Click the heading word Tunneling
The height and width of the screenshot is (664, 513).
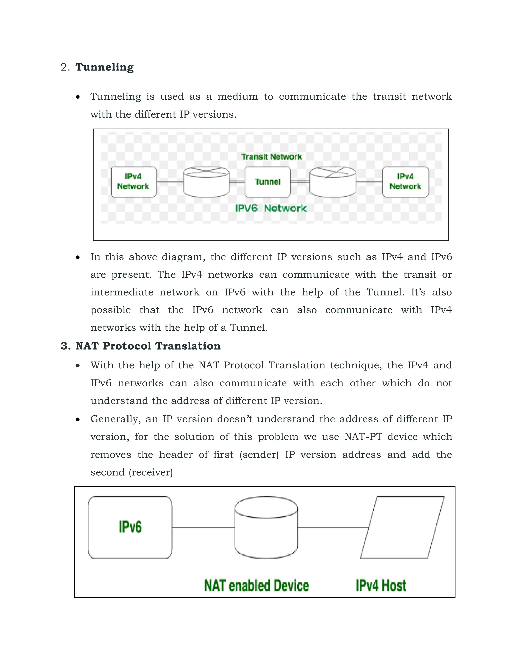click(104, 67)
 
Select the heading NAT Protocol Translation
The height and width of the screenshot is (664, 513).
click(148, 346)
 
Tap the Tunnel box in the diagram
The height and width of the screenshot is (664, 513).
click(268, 182)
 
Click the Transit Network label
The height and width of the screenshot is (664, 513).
click(271, 157)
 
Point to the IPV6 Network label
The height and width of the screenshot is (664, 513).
click(271, 208)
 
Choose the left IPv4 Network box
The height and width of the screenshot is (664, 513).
click(134, 182)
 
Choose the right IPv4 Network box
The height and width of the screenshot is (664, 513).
click(406, 182)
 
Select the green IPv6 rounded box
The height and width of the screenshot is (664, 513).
click(130, 527)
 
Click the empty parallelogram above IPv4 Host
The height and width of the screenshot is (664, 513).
click(402, 527)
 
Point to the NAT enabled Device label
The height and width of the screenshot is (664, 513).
click(256, 586)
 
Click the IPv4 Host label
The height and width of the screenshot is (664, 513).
click(381, 586)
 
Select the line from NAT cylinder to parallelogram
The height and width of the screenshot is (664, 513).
click(333, 527)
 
